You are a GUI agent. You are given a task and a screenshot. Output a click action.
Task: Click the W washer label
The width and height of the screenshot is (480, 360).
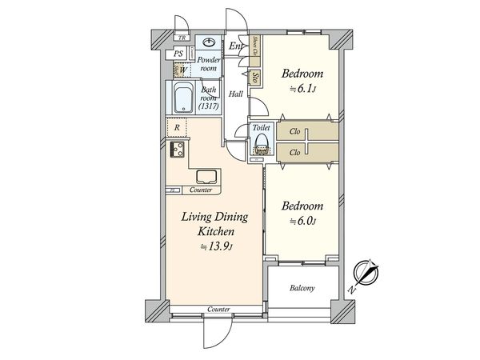(x=182, y=70)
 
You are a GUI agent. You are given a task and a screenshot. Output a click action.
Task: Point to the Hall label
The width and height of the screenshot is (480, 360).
(x=236, y=94)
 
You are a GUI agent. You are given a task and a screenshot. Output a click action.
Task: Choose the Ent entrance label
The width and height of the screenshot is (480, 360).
(x=236, y=46)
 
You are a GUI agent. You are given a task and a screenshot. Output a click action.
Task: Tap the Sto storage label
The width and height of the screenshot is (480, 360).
(x=254, y=78)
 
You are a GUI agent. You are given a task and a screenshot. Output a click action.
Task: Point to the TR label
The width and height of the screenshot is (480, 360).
(x=182, y=38)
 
